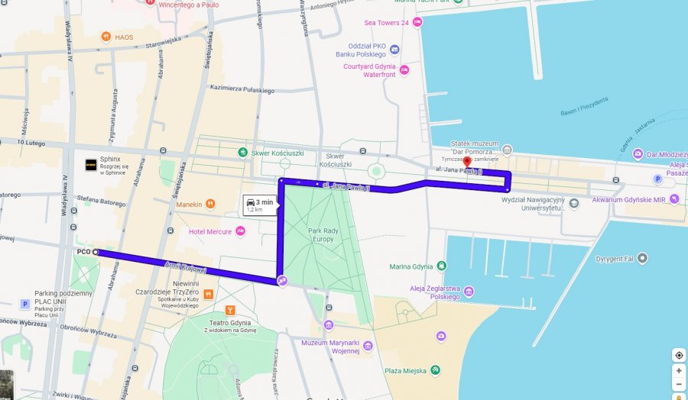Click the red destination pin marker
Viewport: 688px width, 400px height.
(467, 162)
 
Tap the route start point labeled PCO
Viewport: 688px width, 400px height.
(96, 251)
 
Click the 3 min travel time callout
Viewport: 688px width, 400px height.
(258, 204)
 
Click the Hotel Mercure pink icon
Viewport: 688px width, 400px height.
(240, 231)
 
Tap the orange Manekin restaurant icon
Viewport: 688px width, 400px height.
(210, 204)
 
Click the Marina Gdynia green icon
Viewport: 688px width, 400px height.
(442, 266)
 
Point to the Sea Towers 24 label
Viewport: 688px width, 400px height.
(388, 23)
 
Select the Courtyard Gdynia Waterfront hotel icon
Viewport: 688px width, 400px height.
(404, 70)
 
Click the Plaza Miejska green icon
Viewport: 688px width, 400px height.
(435, 370)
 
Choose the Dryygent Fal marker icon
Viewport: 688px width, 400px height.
(642, 258)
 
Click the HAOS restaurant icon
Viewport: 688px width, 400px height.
(106, 37)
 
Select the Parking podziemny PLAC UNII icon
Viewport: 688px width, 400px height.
(25, 303)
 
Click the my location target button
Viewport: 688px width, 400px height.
(678, 355)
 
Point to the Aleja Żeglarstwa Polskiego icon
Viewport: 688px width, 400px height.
(469, 292)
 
